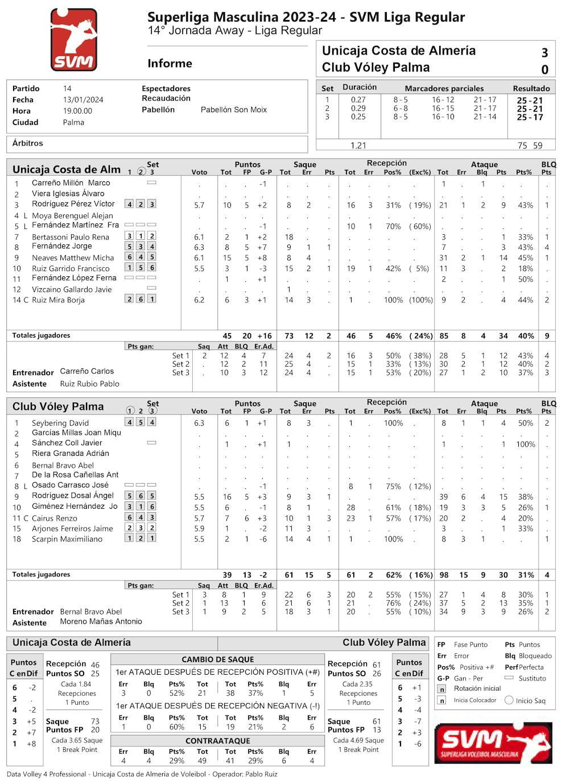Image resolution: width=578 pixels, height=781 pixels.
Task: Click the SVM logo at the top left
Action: coord(73,39)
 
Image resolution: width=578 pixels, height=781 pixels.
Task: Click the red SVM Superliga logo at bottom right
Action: coord(493,742)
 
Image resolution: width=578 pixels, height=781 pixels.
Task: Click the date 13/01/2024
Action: coord(83,100)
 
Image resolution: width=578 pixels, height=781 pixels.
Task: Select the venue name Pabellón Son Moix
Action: coord(233,110)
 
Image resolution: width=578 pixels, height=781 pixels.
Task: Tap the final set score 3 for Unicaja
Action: coord(544,53)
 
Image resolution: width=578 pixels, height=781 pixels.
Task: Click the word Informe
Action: coord(170,64)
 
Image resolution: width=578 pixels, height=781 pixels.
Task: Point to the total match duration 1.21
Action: coord(358,146)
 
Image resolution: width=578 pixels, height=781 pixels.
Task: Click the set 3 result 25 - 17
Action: coord(530,117)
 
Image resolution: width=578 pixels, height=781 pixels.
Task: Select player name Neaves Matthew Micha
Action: coord(73,257)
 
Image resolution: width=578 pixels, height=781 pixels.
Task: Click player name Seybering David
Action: coord(60,423)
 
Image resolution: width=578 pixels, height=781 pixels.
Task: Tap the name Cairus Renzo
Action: coord(55,518)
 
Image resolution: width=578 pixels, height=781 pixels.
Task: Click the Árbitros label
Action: coord(28,143)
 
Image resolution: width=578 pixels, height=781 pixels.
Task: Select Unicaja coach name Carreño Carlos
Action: coord(87,371)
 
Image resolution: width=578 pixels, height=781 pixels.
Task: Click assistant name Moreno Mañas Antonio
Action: coord(101,621)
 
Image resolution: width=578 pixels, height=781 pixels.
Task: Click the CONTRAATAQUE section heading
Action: coord(217,741)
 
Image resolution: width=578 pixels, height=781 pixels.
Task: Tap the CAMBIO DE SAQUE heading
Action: coord(217,659)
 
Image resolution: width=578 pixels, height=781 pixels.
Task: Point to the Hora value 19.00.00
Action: coord(77,111)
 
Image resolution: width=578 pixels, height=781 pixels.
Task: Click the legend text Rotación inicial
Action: coord(477,688)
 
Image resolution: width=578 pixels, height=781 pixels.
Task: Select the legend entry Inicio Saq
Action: coord(530,701)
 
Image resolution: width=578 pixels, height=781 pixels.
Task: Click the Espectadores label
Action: coord(166,89)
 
